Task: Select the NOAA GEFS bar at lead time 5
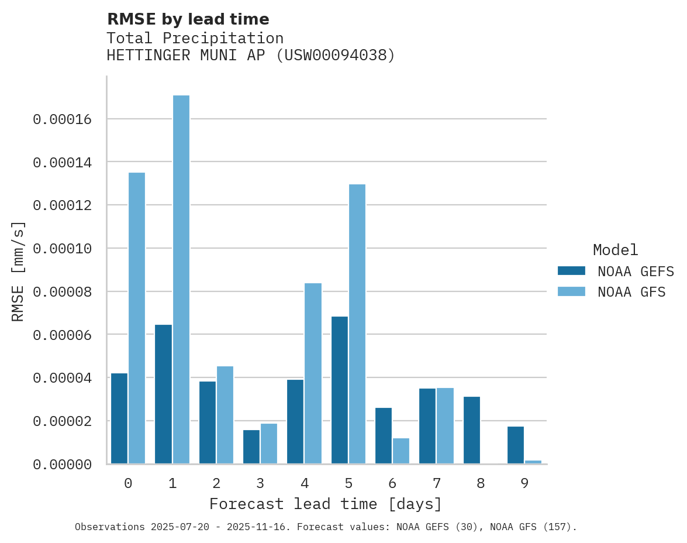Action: [339, 390]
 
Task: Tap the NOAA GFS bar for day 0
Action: [137, 318]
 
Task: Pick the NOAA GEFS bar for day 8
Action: [472, 430]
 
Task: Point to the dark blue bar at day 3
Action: [251, 447]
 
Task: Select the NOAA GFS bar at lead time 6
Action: [401, 451]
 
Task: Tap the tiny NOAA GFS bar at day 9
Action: [533, 462]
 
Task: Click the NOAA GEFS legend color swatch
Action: [571, 270]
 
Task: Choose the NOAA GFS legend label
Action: [631, 292]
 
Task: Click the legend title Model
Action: [615, 250]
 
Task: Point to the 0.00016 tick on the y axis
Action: [63, 119]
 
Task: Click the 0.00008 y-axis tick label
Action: [63, 291]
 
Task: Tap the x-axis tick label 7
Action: [437, 484]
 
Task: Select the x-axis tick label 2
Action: [216, 484]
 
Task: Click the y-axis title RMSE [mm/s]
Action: [18, 271]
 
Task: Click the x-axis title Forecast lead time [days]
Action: [326, 504]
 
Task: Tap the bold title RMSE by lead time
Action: [188, 19]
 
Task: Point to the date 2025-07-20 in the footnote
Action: [178, 527]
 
